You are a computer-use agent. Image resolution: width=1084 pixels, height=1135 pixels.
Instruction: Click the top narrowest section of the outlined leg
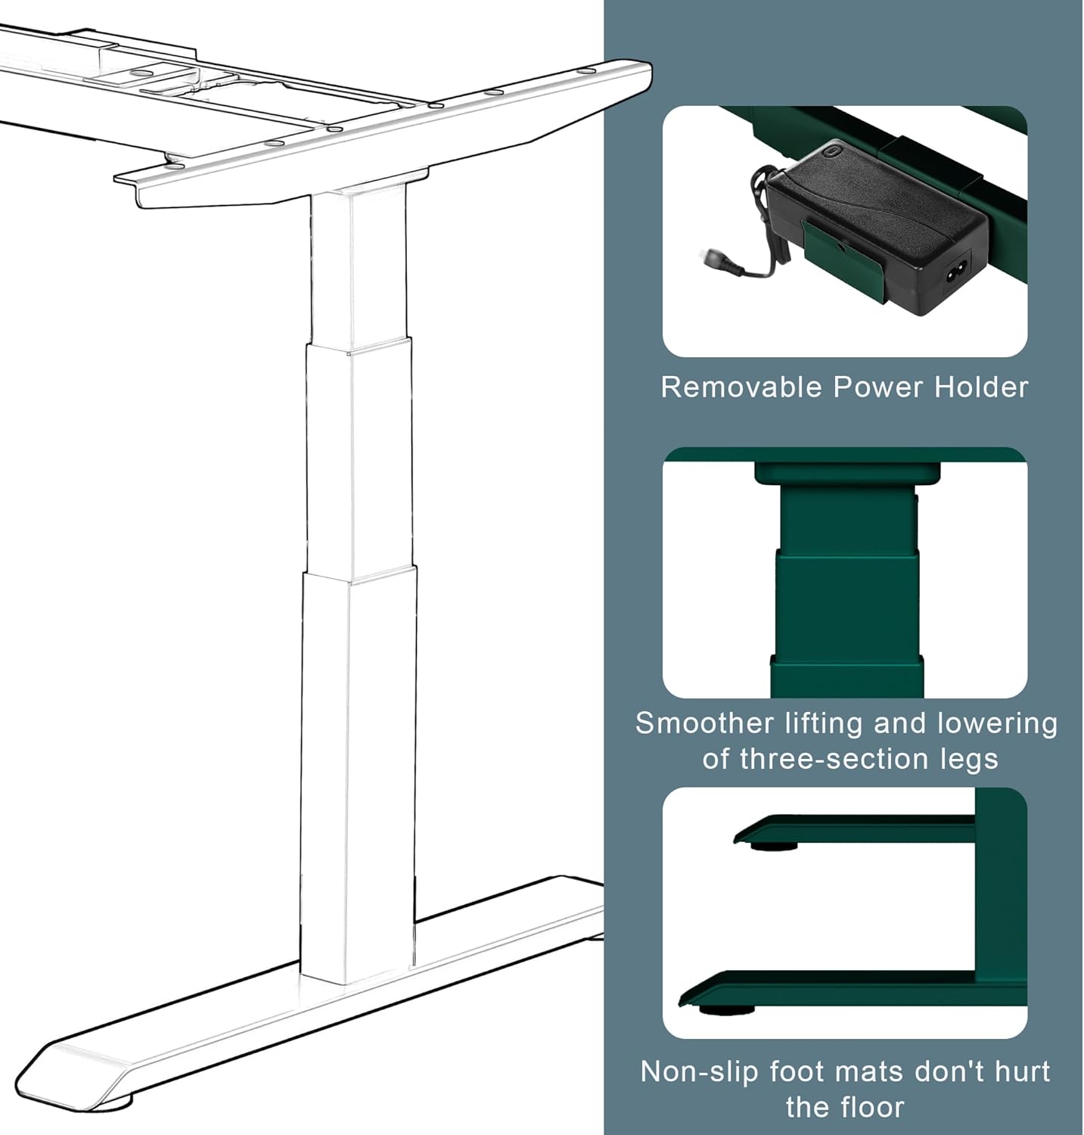pyautogui.click(x=357, y=265)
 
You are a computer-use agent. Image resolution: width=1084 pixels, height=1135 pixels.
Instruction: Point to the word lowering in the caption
pyautogui.click(x=997, y=723)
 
